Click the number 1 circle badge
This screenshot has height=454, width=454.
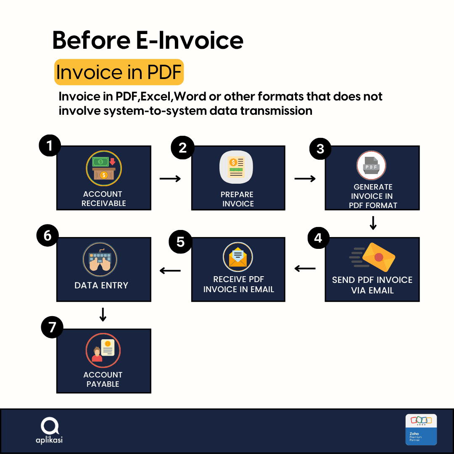click(50, 145)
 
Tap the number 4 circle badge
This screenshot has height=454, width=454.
click(319, 238)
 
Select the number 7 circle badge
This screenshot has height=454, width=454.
click(52, 327)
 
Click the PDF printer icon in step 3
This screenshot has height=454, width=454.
click(371, 165)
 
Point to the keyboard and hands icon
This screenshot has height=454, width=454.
click(100, 259)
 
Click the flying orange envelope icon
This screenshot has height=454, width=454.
click(373, 257)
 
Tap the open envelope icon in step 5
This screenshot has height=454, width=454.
click(238, 257)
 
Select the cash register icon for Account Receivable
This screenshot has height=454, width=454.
click(104, 168)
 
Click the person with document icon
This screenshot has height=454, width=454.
click(103, 350)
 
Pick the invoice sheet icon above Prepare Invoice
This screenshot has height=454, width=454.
click(236, 167)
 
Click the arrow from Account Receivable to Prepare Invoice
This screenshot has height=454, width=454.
click(170, 179)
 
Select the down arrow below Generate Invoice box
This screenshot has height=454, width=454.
click(373, 223)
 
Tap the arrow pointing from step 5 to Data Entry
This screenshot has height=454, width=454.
click(170, 271)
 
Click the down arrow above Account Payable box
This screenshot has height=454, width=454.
click(103, 314)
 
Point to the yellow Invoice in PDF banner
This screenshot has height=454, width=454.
click(119, 72)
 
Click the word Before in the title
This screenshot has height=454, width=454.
click(92, 40)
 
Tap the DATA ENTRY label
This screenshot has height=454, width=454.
click(101, 285)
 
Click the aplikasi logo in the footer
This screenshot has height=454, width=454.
click(49, 430)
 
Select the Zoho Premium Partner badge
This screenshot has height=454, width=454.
click(421, 429)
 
